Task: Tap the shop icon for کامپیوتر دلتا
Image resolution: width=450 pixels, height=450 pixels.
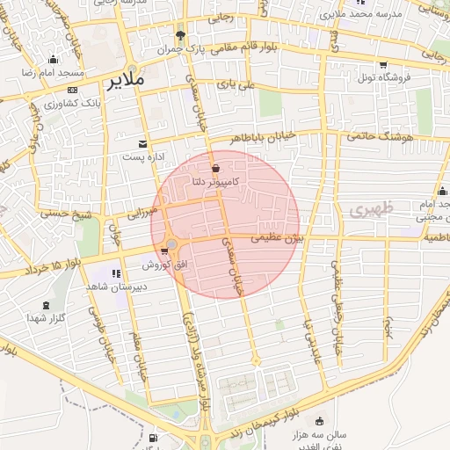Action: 215,166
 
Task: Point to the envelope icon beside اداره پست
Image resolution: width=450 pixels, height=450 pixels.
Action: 143,143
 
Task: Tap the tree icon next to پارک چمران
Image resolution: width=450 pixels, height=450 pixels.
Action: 180,36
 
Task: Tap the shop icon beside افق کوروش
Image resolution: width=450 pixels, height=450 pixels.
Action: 164,252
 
